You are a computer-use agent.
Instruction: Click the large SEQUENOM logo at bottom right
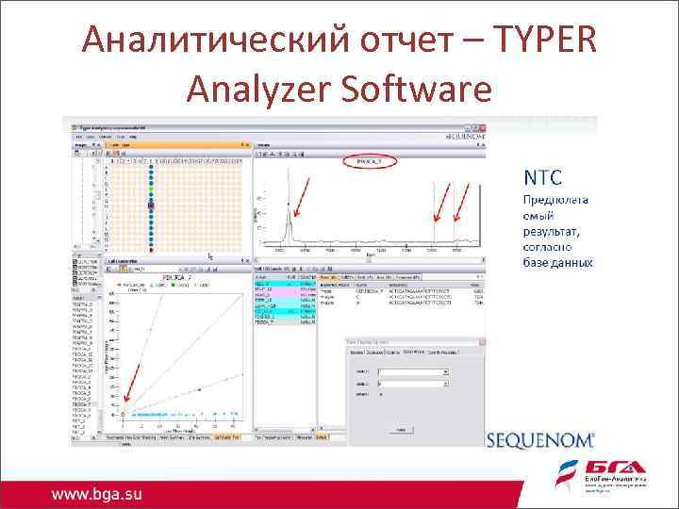(x=540, y=438)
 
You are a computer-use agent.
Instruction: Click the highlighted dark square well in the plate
(x=151, y=206)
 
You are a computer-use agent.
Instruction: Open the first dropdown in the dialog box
(x=411, y=371)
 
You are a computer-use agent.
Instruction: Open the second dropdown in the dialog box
(x=411, y=384)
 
